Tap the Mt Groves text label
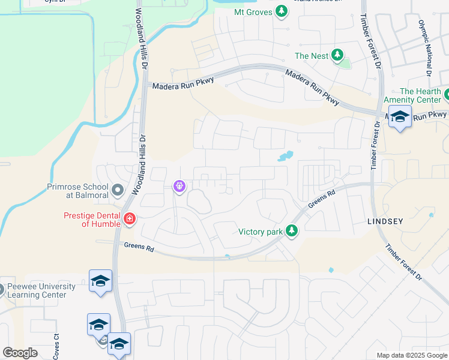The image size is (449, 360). click(251, 11)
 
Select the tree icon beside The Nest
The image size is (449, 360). click(338, 56)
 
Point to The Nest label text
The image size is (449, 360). click(312, 56)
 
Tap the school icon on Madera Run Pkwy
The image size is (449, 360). click(399, 116)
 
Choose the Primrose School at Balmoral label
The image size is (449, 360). click(77, 191)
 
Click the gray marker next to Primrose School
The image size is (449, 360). click(118, 191)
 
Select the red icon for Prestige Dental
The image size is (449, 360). click(129, 219)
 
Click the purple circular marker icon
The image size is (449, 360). click(179, 187)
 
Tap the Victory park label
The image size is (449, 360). click(261, 231)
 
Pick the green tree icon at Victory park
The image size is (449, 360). click(292, 230)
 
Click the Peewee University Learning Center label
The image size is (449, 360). click(41, 290)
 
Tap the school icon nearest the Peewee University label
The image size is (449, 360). click(100, 281)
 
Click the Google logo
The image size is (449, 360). click(20, 352)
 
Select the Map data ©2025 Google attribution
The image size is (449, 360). click(411, 355)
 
